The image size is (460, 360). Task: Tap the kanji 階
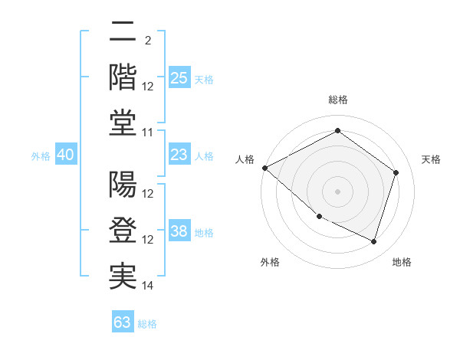[123, 77]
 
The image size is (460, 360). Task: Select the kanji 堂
[123, 123]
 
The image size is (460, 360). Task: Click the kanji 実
[123, 277]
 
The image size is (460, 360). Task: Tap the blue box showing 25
[179, 77]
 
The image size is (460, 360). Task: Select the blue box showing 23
[179, 155]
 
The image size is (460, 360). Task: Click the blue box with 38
[179, 232]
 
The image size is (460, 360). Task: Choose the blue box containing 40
[65, 155]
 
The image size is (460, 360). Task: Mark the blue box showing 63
[123, 322]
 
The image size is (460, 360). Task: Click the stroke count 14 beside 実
[148, 286]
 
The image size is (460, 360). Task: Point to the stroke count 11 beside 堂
[148, 133]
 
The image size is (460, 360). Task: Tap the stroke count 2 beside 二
[147, 40]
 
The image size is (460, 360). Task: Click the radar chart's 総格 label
[337, 100]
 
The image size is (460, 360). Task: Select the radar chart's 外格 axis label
[270, 263]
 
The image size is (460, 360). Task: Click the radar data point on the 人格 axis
[264, 168]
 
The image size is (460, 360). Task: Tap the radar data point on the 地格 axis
[373, 242]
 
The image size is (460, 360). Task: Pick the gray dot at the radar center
[337, 191]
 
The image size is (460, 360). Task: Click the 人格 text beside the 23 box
[204, 156]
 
